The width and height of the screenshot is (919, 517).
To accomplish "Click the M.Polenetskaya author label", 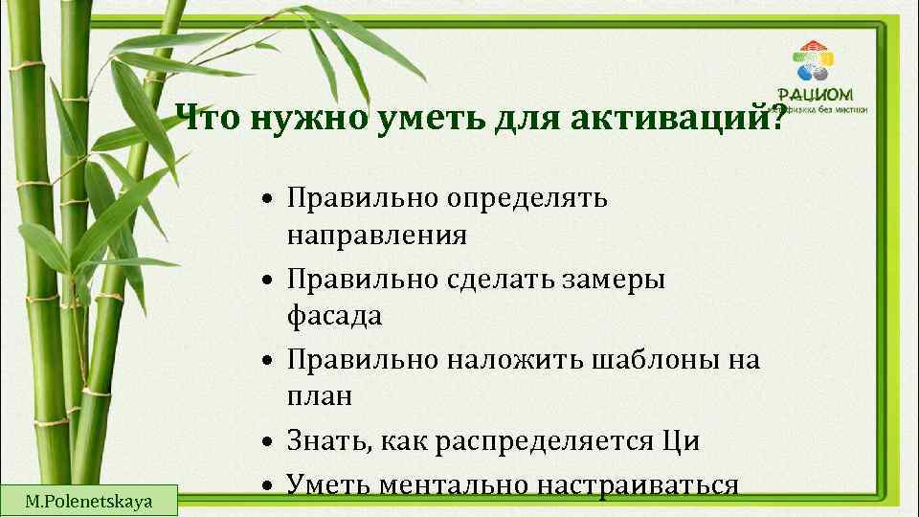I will (89, 499).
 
